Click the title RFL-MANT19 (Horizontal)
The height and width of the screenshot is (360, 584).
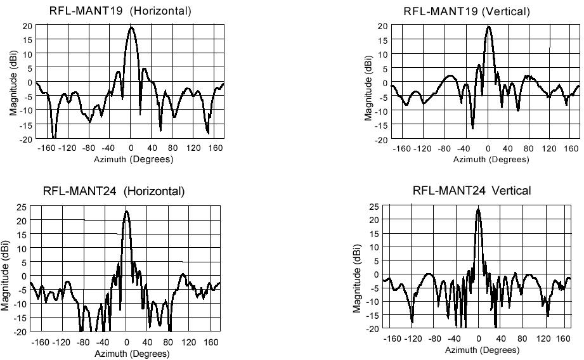point(120,11)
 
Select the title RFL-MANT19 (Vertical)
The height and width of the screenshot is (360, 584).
point(475,11)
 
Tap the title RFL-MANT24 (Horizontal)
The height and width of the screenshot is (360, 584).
point(114,191)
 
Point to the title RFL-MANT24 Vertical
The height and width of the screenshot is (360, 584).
point(472,190)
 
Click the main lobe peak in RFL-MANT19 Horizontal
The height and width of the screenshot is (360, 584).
point(131,27)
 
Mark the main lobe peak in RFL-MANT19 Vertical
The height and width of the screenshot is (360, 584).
point(488,27)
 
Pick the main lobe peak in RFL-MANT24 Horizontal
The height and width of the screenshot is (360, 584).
point(126,211)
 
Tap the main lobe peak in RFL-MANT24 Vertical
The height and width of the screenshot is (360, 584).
point(478,209)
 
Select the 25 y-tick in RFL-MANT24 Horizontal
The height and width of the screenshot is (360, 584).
point(22,207)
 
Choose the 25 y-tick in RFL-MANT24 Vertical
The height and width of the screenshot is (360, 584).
point(374,207)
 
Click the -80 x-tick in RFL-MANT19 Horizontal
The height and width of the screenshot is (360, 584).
point(89,149)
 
